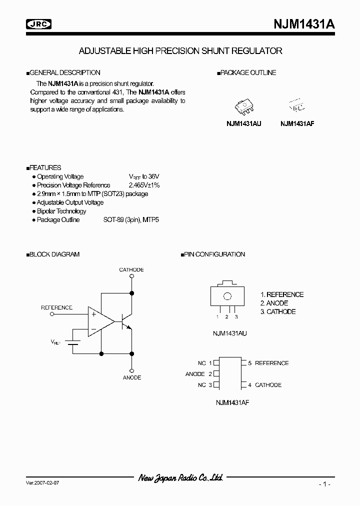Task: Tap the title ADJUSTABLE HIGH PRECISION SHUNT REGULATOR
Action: point(180,51)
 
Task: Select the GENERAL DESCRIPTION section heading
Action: point(64,72)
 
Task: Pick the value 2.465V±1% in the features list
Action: point(144,185)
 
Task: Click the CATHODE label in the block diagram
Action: point(131,270)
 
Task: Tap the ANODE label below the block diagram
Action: point(132,377)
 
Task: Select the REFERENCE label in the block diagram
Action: point(56,307)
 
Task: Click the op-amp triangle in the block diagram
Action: point(99,320)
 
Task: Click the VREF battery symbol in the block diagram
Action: point(74,342)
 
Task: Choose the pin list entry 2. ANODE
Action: point(274,303)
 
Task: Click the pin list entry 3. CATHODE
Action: point(277,311)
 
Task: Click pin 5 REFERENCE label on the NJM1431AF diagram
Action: point(271,363)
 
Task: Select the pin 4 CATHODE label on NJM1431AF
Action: point(268,385)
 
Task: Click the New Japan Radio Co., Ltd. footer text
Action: point(180,478)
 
